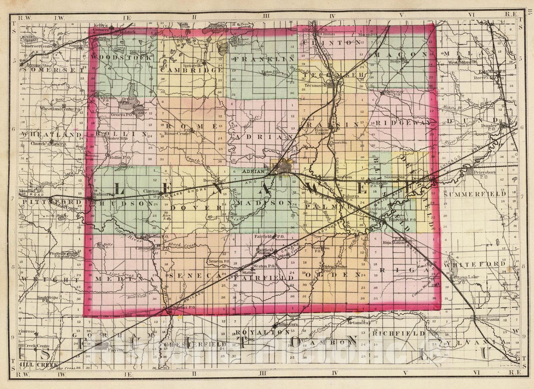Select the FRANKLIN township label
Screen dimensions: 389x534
(x=264, y=59)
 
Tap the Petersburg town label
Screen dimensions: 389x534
(x=484, y=172)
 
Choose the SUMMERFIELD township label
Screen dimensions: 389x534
(x=475, y=194)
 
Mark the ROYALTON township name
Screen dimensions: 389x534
(x=262, y=332)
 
